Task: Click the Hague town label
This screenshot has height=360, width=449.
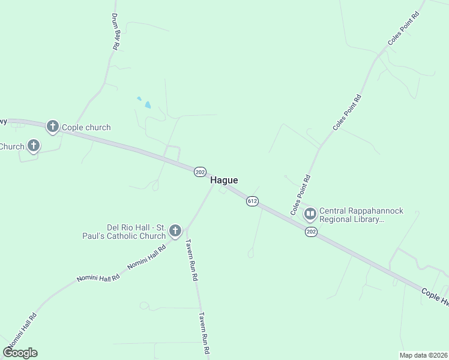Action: [224, 180]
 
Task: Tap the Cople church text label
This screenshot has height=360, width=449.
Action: [86, 127]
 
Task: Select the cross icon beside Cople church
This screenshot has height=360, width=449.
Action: [53, 126]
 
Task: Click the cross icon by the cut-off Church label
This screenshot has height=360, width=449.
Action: [34, 145]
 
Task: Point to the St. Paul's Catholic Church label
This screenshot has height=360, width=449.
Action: [136, 232]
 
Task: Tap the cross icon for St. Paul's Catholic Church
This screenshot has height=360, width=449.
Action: [175, 230]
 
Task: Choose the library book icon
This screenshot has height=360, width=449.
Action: [310, 213]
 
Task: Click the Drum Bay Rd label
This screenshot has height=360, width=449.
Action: [116, 31]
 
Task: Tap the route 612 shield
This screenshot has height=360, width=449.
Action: [252, 202]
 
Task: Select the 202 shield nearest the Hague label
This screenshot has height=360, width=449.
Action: [200, 172]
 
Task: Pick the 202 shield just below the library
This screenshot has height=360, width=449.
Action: [310, 232]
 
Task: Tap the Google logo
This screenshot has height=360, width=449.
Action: [20, 353]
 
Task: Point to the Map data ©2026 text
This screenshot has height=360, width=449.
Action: [424, 355]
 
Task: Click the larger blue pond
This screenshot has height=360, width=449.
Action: [147, 105]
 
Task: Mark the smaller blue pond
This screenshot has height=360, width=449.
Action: [139, 98]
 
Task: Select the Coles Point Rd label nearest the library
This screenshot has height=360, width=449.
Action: [300, 195]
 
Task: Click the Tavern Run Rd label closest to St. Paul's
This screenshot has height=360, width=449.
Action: [191, 260]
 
